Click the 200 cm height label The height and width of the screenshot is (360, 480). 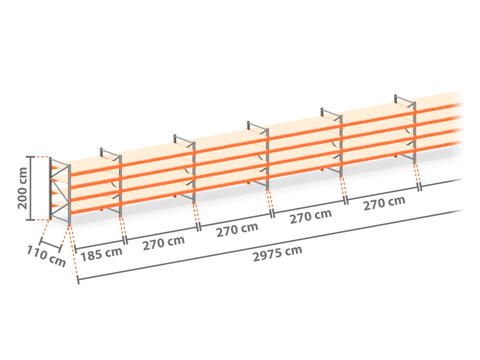pos(22,188)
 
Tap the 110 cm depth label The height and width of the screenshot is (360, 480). pos(46,256)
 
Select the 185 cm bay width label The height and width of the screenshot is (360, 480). pos(101,254)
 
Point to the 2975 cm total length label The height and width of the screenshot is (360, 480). pos(277,253)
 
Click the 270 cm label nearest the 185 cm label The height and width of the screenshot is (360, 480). pos(163,243)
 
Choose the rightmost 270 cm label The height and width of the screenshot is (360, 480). pos(384,203)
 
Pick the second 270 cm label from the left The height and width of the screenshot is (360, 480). pos(237,229)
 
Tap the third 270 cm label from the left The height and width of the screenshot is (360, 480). pos(310,216)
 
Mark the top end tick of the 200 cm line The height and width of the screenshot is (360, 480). pos(30,157)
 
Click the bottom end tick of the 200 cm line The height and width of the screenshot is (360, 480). pos(30,220)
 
